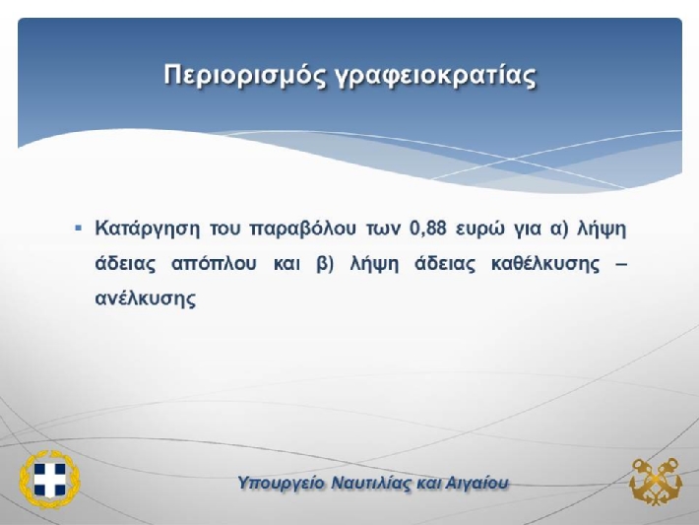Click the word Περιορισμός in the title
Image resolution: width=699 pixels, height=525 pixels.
click(x=245, y=75)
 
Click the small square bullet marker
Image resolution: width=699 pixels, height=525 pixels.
click(x=79, y=229)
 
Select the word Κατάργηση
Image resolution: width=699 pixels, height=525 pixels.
click(x=148, y=230)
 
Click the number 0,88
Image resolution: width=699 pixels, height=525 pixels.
click(x=427, y=230)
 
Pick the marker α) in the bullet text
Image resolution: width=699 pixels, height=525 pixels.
click(x=560, y=230)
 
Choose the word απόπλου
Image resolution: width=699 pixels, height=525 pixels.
click(x=214, y=265)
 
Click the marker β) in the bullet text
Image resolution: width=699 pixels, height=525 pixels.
click(x=325, y=265)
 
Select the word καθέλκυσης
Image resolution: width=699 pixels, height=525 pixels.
click(x=545, y=264)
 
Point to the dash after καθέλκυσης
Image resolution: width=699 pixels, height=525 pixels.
click(x=621, y=265)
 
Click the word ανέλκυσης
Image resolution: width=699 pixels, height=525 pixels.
click(x=146, y=298)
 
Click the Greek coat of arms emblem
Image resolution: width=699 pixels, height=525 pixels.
click(x=49, y=479)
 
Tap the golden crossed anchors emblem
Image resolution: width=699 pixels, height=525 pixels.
click(x=656, y=482)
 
